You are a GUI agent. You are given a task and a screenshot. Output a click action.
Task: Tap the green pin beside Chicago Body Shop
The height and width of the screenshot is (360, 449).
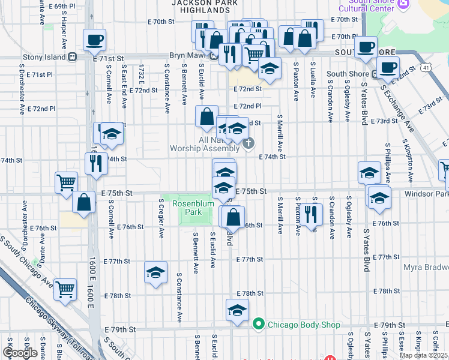pyautogui.click(x=259, y=325)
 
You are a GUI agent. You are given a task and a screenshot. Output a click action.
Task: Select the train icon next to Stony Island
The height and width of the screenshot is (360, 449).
pyautogui.click(x=73, y=57)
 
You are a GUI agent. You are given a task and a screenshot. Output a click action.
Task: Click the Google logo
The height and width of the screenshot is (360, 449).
pyautogui.click(x=20, y=352)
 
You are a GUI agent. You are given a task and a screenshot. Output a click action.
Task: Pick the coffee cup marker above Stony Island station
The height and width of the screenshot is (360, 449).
pyautogui.click(x=95, y=40)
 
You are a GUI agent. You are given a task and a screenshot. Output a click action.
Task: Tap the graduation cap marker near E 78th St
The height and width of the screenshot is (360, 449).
pyautogui.click(x=237, y=310)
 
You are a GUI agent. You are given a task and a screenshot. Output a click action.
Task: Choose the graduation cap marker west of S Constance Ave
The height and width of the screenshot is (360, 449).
pyautogui.click(x=155, y=272)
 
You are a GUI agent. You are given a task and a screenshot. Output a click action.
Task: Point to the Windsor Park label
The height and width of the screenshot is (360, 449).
pyautogui.click(x=427, y=194)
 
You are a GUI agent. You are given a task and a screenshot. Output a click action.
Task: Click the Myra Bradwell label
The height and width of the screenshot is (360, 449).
pyautogui.click(x=426, y=267)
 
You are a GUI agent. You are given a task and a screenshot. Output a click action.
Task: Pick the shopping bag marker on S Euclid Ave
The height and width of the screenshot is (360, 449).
pyautogui.click(x=206, y=117)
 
